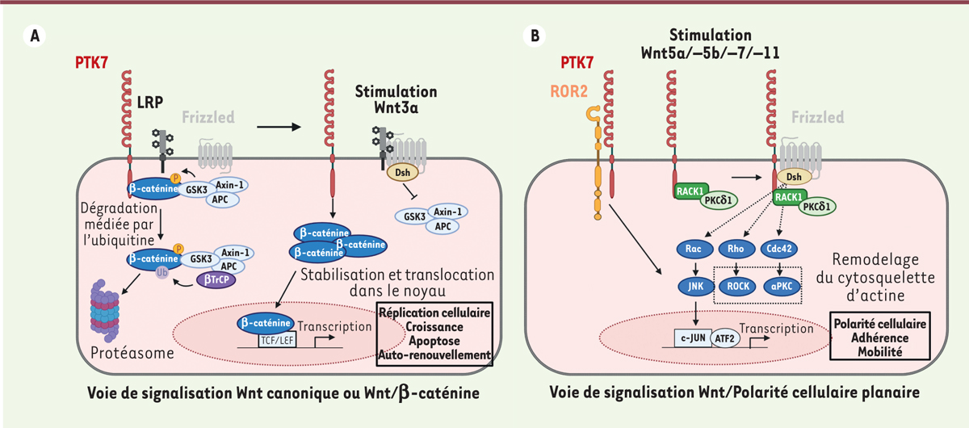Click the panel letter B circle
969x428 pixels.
coord(534,36)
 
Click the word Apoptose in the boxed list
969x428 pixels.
coord(434,341)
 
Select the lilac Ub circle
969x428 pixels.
coord(160,273)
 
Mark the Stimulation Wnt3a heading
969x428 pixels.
coord(396,100)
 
